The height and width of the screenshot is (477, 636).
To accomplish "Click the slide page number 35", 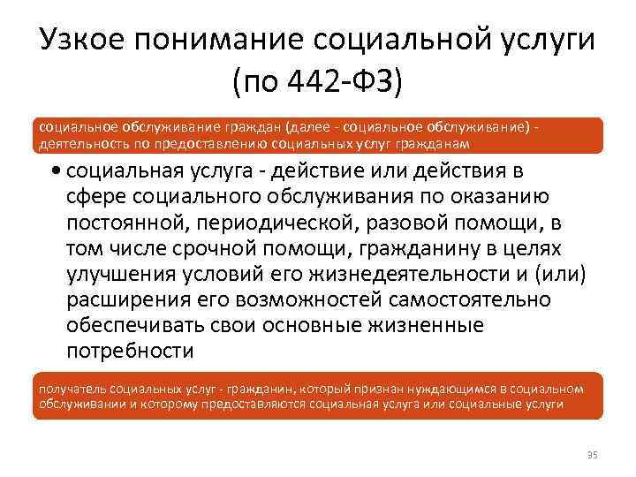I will point(592,455).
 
